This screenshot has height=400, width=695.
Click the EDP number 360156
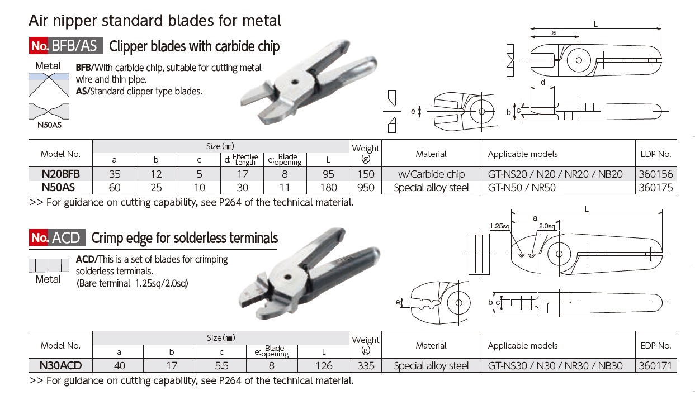click(655, 174)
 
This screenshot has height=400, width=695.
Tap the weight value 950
click(366, 188)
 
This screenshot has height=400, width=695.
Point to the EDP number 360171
click(655, 366)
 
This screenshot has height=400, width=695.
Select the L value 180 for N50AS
click(328, 188)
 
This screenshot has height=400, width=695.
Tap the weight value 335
click(366, 366)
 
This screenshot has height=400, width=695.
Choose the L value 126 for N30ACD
click(324, 366)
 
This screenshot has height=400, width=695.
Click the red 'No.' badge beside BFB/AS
click(39, 46)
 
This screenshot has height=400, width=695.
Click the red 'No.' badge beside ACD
click(39, 238)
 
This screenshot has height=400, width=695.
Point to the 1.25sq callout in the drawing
click(499, 226)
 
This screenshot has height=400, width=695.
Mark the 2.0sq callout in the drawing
click(546, 226)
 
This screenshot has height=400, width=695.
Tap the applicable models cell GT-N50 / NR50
click(522, 188)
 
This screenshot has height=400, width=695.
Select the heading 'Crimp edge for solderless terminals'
click(185, 239)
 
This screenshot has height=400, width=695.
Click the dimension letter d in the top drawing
click(543, 83)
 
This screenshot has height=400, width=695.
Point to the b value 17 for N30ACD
click(172, 366)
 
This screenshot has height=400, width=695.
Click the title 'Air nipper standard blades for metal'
click(155, 21)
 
